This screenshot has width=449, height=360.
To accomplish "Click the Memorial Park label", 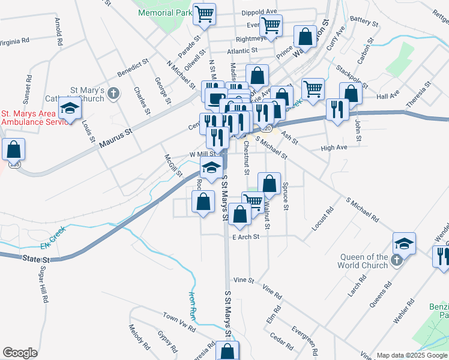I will tap(164, 12).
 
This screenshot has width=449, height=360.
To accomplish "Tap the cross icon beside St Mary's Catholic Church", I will tap(116, 92).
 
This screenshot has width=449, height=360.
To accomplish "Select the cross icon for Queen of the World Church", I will tap(396, 259).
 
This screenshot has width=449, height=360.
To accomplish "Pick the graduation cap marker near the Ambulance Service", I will tap(70, 109).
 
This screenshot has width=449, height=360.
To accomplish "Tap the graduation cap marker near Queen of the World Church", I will tap(404, 243).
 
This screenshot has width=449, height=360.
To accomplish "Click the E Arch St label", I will tap(246, 237).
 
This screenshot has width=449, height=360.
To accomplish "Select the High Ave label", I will tap(334, 148).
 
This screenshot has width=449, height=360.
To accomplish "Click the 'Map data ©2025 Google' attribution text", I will tap(411, 355).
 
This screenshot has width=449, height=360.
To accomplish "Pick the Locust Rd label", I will tap(322, 220).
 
